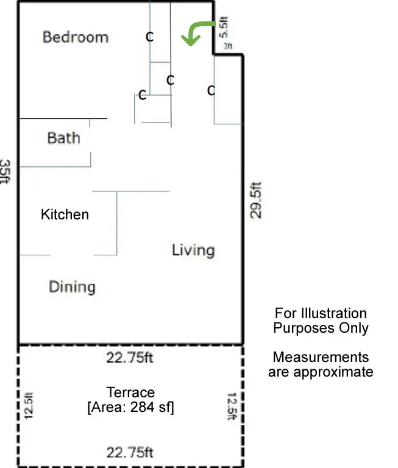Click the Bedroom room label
(76, 37)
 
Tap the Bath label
(64, 138)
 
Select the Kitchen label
(65, 214)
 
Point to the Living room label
(193, 250)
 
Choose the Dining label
(72, 286)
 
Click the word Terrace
(130, 392)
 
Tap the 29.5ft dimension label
(256, 199)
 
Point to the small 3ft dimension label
(228, 46)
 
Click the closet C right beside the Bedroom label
(149, 37)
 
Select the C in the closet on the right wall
(211, 91)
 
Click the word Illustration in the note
(333, 313)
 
